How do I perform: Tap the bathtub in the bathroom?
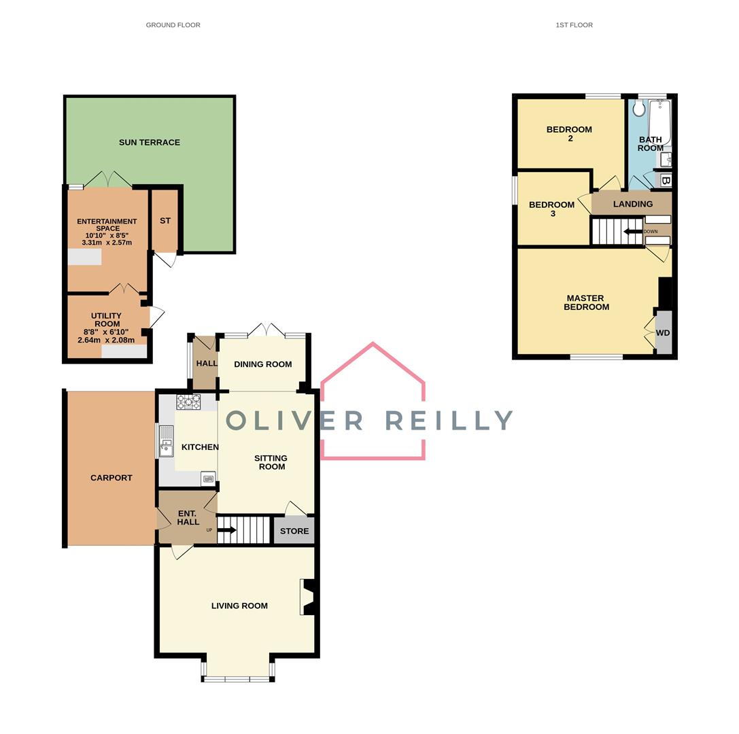660,122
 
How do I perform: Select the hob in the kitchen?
188,402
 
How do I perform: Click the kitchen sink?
166,441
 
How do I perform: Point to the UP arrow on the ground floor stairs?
226,530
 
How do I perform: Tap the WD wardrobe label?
663,333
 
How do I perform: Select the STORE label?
294,531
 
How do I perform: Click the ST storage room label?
165,221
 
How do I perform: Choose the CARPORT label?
111,478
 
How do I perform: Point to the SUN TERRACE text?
150,142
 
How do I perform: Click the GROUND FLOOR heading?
173,25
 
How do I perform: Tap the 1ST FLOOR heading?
574,25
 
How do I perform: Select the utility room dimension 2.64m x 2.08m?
106,340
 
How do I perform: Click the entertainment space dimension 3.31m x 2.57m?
107,243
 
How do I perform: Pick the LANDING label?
632,204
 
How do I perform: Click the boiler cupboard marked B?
666,181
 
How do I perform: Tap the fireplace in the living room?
308,597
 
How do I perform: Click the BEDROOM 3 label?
552,209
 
